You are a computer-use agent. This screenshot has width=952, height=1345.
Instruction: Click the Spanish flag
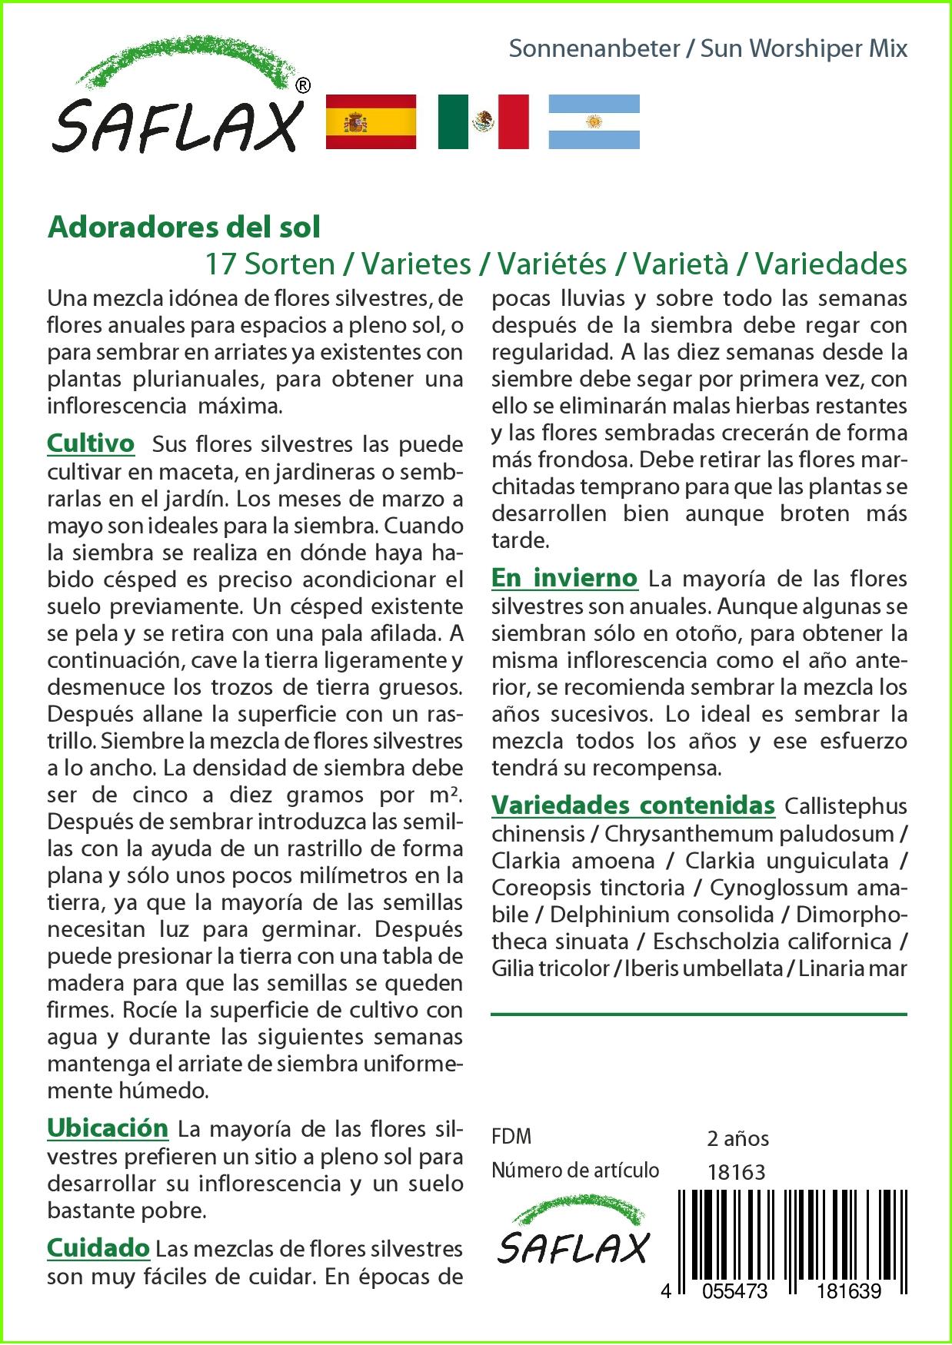371,121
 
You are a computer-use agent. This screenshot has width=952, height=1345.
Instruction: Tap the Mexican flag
483,121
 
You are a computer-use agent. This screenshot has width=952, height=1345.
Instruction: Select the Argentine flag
594,121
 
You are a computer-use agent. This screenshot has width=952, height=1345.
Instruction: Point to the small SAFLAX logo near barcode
572,1238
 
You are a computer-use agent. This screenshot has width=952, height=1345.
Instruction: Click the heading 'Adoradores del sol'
184,227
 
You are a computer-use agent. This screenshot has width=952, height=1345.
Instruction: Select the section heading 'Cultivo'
91,443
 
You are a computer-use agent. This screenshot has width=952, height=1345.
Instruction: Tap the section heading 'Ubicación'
108,1127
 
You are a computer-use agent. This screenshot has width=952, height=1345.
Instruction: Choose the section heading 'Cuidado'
98,1247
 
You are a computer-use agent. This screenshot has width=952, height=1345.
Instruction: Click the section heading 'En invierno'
564,578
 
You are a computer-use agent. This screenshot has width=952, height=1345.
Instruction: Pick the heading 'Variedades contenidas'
633,805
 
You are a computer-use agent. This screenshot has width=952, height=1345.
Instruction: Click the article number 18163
736,1172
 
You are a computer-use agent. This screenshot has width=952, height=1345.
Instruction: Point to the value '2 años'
737,1138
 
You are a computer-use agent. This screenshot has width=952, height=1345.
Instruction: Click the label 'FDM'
511,1137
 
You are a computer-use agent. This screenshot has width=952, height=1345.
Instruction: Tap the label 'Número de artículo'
575,1171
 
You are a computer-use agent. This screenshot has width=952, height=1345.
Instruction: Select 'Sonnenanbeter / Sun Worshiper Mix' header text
707,49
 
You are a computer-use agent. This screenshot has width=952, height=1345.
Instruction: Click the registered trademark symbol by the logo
303,85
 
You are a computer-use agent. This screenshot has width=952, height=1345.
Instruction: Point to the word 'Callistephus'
846,806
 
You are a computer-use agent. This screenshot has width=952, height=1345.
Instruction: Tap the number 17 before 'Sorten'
220,264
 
